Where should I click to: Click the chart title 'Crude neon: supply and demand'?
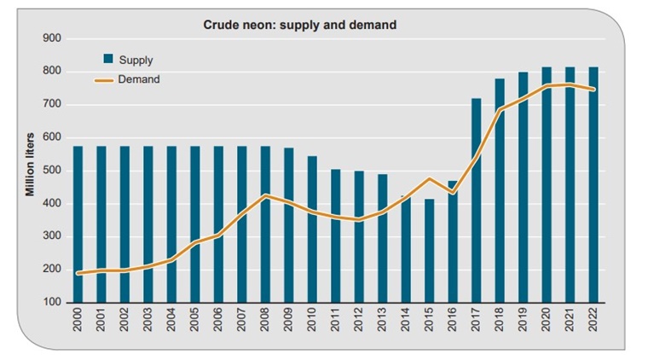tap(299, 25)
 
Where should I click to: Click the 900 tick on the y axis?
tap(51, 38)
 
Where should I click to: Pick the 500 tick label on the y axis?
tap(51, 171)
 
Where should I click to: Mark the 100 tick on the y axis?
tap(51, 303)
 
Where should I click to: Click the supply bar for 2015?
tap(430, 251)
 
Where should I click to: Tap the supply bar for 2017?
tap(477, 200)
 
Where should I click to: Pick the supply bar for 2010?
tap(312, 229)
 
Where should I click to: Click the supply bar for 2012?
tap(359, 236)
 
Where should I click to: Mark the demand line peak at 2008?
tap(265, 195)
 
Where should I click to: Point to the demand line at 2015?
tap(430, 179)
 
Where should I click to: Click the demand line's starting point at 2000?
tap(78, 273)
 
